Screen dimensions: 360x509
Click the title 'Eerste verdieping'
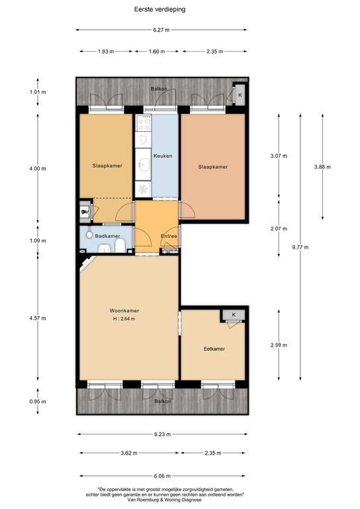(x=160, y=9)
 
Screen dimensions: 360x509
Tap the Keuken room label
(x=162, y=156)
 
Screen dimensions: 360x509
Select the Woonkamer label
(x=125, y=311)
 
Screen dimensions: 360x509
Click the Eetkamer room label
(x=214, y=349)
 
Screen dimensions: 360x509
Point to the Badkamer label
(x=107, y=236)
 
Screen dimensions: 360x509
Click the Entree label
(x=169, y=236)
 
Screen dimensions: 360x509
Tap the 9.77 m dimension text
(x=300, y=247)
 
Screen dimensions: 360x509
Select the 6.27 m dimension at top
(x=161, y=30)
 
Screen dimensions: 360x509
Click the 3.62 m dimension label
(x=129, y=453)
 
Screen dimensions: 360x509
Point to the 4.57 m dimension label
(x=38, y=318)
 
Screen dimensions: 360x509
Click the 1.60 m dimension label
(x=156, y=51)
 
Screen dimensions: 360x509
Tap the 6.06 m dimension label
(x=162, y=476)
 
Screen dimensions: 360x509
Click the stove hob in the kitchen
(x=143, y=123)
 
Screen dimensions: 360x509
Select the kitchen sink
(x=143, y=164)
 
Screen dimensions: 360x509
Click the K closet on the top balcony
(x=240, y=95)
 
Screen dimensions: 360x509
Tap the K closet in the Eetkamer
(x=234, y=315)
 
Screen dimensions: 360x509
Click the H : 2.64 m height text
(x=124, y=319)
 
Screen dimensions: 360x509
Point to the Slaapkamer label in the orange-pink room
(x=213, y=167)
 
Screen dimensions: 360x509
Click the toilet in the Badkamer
(x=120, y=246)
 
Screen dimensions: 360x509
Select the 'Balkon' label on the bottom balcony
(x=162, y=401)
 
